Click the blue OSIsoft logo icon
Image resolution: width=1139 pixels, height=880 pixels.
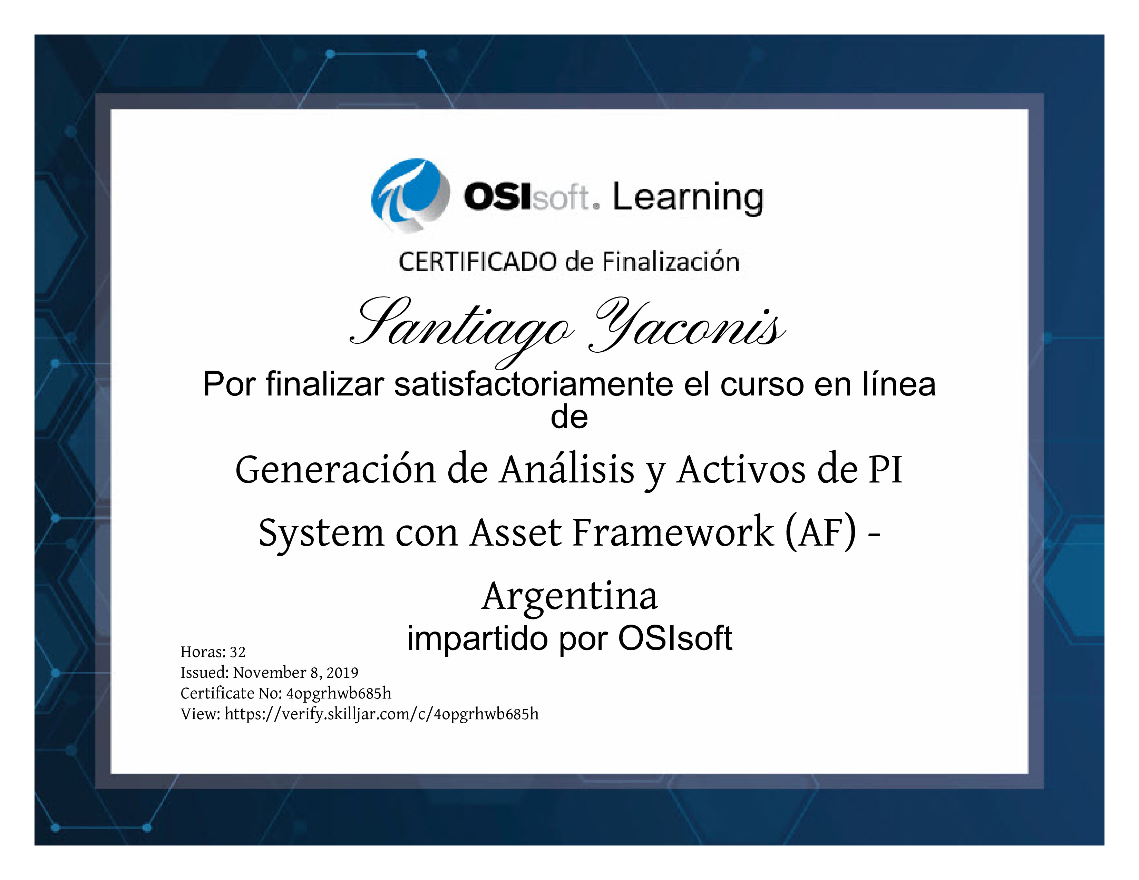410,195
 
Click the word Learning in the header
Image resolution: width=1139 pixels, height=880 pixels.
688,199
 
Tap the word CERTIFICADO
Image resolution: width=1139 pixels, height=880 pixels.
478,262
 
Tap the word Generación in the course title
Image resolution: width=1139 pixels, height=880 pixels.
335,469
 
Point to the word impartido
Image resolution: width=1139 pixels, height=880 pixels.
477,639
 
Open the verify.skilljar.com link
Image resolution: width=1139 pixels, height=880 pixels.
381,714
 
